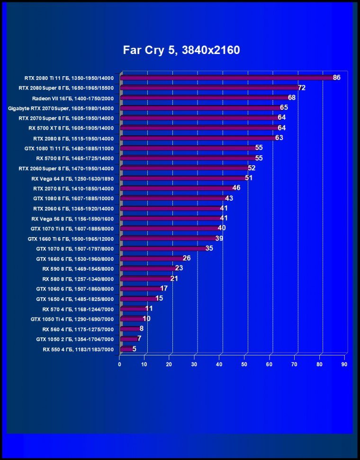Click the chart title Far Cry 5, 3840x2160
pyautogui.click(x=182, y=50)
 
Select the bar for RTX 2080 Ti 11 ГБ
pyautogui.click(x=227, y=78)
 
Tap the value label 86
pyautogui.click(x=337, y=78)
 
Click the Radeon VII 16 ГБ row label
pyautogui.click(x=73, y=98)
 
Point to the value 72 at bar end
pyautogui.click(x=302, y=88)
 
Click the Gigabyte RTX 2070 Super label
pyautogui.click(x=61, y=108)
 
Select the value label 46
pyautogui.click(x=236, y=188)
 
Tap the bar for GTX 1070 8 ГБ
pyautogui.click(x=164, y=248)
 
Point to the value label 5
pyautogui.click(x=134, y=349)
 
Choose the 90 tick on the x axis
pyautogui.click(x=344, y=364)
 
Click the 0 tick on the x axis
pyautogui.click(x=120, y=364)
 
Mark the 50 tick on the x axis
pyautogui.click(x=244, y=364)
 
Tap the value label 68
pyautogui.click(x=292, y=98)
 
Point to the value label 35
pyautogui.click(x=209, y=248)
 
